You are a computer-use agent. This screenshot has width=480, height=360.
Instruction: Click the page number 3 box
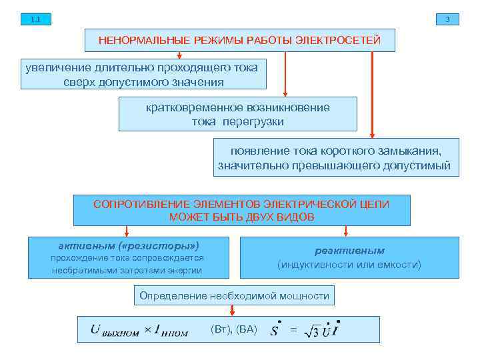click(447, 19)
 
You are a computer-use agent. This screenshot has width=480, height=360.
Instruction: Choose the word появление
click(257, 151)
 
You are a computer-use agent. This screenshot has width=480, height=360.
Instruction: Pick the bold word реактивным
click(350, 251)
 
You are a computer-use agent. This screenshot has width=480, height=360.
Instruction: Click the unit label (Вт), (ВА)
click(233, 329)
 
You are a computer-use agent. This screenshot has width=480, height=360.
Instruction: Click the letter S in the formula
click(275, 331)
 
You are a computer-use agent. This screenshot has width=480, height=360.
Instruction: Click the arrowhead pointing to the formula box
click(233, 311)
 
